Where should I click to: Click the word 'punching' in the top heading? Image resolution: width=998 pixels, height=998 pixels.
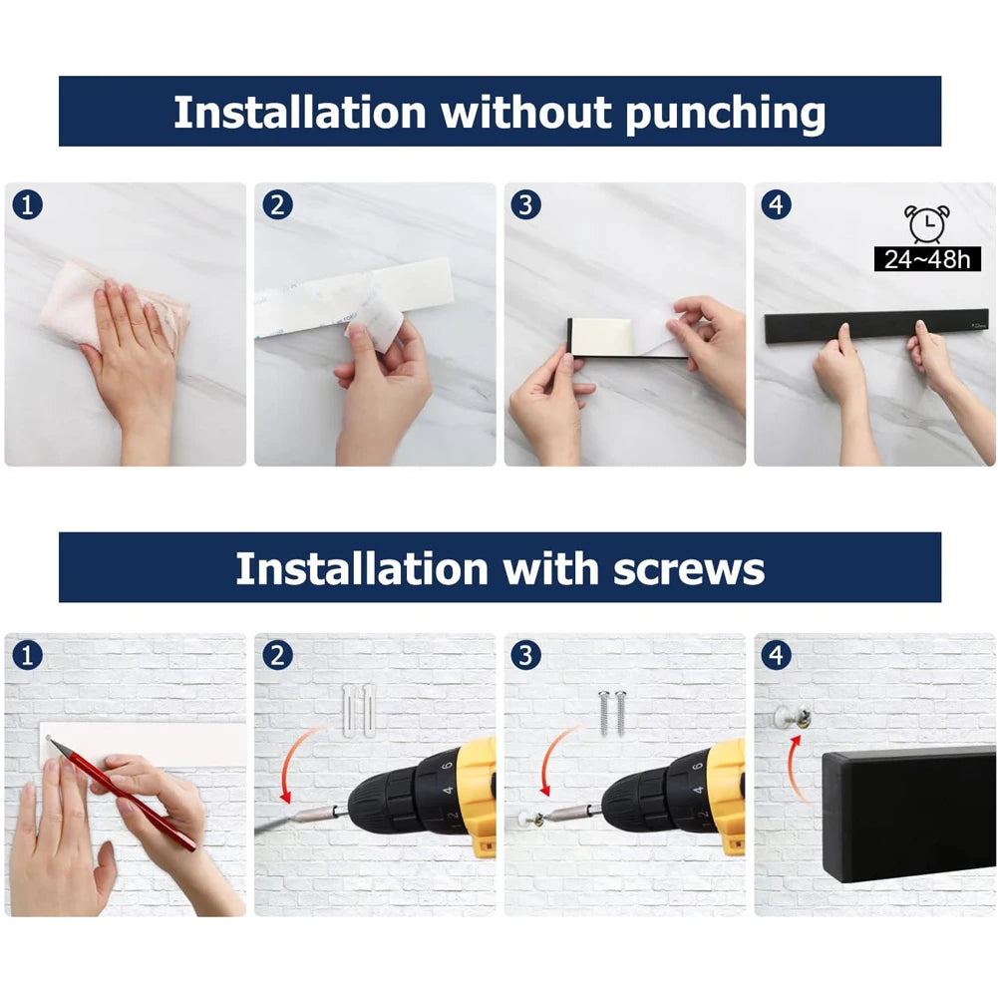725,114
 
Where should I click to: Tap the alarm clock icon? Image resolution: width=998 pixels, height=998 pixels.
926,223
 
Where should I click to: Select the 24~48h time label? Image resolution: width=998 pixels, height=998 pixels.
926,260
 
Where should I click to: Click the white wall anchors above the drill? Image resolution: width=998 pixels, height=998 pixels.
358,709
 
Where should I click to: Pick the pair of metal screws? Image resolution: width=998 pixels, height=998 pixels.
611,712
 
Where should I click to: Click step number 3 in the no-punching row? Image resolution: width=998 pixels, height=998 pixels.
525,205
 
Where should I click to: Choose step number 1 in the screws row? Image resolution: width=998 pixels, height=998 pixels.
27,656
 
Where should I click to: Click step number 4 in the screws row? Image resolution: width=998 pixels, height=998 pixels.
776,656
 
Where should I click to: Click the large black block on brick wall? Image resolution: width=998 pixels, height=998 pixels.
907,813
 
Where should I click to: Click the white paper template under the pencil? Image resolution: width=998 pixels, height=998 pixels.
199,743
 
